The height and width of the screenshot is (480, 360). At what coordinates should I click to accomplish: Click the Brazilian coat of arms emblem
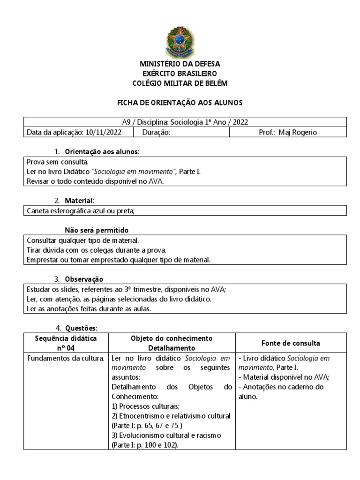(x=180, y=42)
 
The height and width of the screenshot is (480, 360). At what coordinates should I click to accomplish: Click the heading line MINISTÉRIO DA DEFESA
(x=180, y=64)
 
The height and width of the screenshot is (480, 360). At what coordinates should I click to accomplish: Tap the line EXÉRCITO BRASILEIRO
(x=180, y=74)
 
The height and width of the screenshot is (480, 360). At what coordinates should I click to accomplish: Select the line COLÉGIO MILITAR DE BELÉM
(x=180, y=83)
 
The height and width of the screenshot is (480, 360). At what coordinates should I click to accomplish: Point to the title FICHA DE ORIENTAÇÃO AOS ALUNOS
(x=180, y=102)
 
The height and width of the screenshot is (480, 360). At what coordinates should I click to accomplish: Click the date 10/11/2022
(x=104, y=132)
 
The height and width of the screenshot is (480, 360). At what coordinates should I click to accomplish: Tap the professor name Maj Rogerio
(x=298, y=132)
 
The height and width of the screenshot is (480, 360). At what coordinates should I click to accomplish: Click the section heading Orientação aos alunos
(x=102, y=152)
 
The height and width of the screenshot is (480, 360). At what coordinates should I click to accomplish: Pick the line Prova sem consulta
(x=55, y=162)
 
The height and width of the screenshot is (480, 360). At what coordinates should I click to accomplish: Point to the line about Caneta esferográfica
(x=81, y=211)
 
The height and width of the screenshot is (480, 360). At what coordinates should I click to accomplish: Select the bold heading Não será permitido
(x=96, y=230)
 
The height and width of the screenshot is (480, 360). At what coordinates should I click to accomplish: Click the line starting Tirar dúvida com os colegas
(x=96, y=250)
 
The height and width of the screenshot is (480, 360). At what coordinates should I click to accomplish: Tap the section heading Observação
(x=84, y=279)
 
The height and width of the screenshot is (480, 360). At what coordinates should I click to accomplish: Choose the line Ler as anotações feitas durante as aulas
(x=89, y=308)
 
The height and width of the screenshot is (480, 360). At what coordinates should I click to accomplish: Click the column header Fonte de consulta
(x=291, y=343)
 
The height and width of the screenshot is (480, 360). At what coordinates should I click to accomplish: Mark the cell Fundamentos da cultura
(x=66, y=359)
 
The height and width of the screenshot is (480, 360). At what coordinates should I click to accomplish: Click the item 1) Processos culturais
(x=145, y=406)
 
